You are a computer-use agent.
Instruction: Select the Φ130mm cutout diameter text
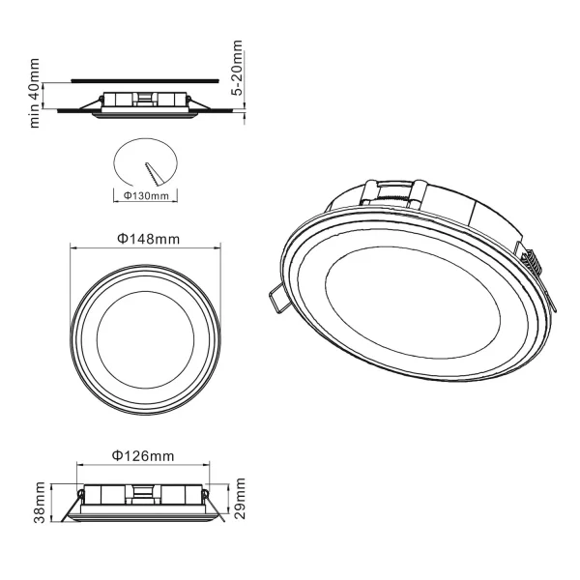[x=148, y=195]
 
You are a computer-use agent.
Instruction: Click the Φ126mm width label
[x=143, y=455]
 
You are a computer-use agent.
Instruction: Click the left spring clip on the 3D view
[x=275, y=299]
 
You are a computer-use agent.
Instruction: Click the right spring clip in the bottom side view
[x=217, y=509]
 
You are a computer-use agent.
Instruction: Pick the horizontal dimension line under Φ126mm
[x=143, y=468]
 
